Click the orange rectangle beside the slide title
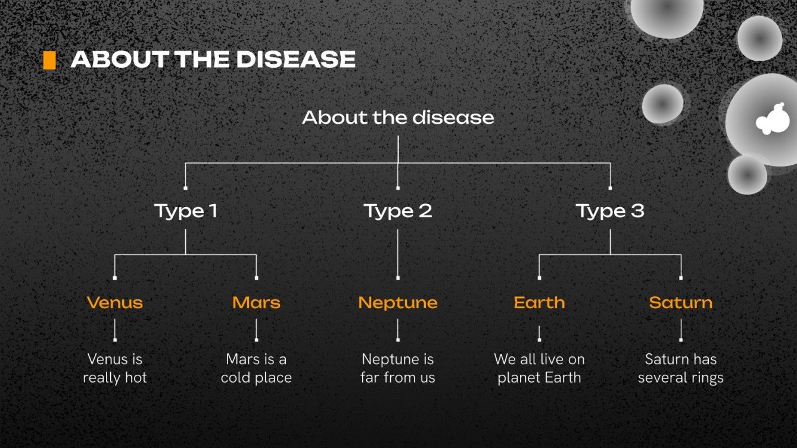click(49, 60)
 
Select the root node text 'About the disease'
click(398, 117)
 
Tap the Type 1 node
click(185, 211)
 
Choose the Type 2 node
click(398, 211)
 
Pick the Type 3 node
click(610, 211)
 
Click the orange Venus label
click(115, 302)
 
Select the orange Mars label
click(256, 302)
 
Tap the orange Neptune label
click(398, 302)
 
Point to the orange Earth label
click(539, 302)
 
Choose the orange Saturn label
click(680, 302)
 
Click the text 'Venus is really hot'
click(115, 368)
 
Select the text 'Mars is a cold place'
click(256, 368)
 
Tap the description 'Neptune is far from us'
click(398, 368)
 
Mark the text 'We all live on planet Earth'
click(539, 368)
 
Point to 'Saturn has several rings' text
click(680, 368)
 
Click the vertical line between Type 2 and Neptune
click(398, 253)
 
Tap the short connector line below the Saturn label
click(681, 330)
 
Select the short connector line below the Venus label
click(115, 330)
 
